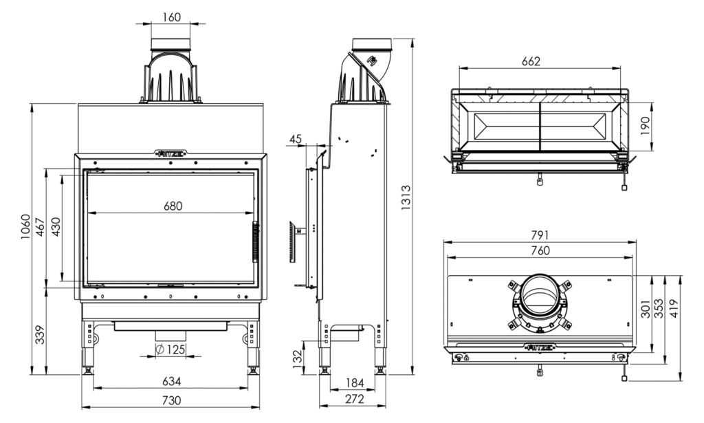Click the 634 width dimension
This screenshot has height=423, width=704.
pos(171,380)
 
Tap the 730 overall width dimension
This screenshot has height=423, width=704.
pos(171,400)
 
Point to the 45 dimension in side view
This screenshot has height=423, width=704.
pos(296,139)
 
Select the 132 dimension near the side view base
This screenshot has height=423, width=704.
pos(298,357)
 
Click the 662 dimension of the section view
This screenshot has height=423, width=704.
pos(530,61)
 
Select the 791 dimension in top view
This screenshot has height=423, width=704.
pos(540,235)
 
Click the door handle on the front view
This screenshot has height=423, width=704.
pos(254,241)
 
